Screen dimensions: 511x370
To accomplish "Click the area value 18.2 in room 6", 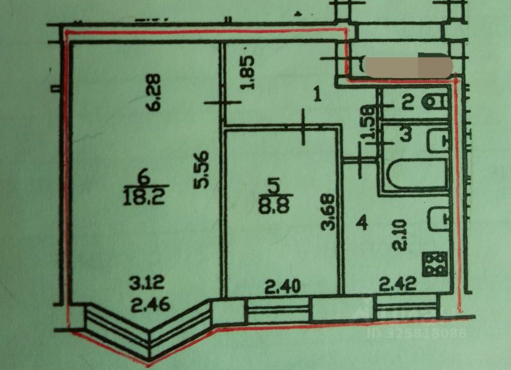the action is (142, 198).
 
